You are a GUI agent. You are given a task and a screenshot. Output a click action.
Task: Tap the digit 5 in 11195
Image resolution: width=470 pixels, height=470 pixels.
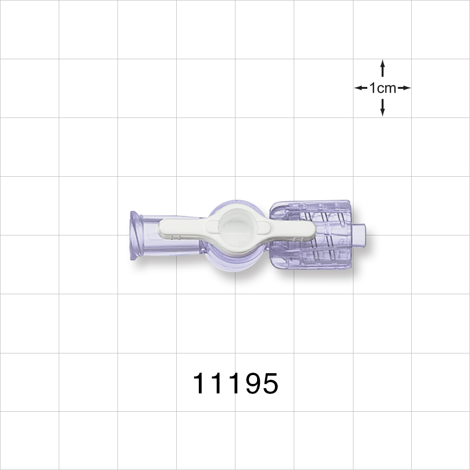point(269,384)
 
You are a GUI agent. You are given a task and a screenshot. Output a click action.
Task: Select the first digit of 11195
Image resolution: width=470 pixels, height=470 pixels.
point(201,384)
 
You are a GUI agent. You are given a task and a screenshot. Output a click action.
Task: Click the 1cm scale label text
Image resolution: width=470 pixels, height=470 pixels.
point(383,88)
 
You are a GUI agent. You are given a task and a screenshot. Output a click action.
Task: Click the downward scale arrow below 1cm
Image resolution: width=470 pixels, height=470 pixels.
point(383,108)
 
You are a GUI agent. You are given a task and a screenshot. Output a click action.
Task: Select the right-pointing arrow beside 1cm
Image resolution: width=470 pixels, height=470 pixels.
point(404,88)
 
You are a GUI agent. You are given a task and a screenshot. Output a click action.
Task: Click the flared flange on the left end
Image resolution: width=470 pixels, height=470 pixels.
point(135,235)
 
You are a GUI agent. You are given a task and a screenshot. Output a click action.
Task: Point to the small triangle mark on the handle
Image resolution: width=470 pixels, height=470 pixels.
point(241,244)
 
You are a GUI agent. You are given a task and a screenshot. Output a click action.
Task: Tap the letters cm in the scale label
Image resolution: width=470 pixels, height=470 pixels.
point(388,88)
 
